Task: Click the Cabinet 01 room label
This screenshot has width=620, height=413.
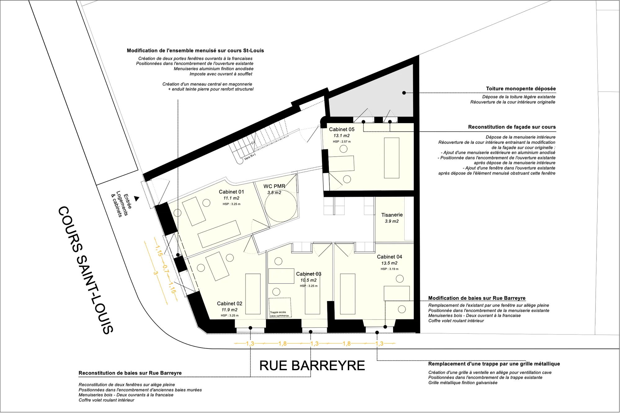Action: click(231, 192)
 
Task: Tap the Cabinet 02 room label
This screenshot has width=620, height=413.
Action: click(229, 304)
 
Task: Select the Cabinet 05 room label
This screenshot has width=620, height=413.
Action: click(342, 129)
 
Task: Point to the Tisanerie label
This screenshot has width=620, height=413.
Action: click(392, 215)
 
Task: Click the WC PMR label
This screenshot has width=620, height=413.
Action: click(274, 186)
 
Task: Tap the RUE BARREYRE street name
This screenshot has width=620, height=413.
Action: click(312, 366)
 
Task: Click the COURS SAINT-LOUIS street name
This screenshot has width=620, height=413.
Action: click(86, 270)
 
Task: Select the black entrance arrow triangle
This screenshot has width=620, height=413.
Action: click(136, 198)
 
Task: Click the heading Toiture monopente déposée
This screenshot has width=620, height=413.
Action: click(521, 89)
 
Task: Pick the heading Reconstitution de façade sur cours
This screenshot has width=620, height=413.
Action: click(512, 127)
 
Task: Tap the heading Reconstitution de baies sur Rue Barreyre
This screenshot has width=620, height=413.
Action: click(130, 373)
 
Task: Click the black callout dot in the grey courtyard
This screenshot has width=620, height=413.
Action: click(404, 93)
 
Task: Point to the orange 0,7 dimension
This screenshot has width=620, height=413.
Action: click(166, 269)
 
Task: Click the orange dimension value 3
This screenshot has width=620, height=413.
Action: click(155, 273)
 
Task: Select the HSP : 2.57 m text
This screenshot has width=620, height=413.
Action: click(342, 142)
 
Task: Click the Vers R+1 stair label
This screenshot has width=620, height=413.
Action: click(250, 157)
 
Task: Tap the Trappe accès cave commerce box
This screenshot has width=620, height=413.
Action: click(280, 308)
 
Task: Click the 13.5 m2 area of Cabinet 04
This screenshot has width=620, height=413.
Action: click(389, 263)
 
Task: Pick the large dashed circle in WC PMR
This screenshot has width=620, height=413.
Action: click(281, 206)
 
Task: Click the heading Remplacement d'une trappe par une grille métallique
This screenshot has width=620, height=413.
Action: click(494, 364)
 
